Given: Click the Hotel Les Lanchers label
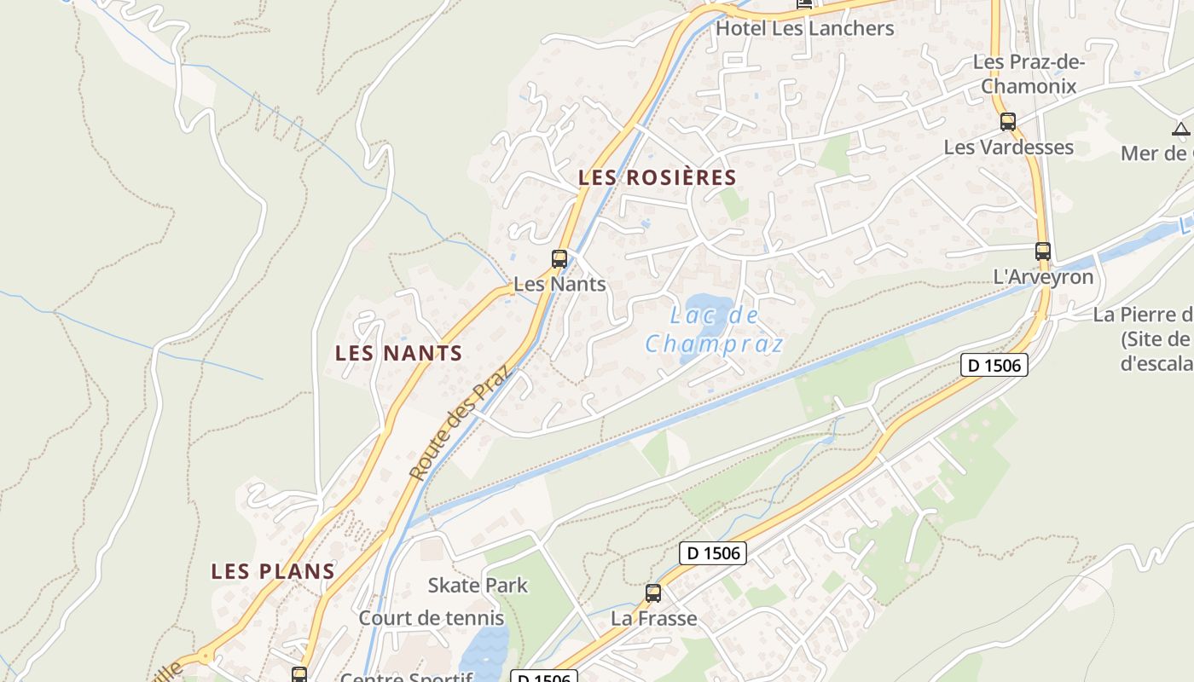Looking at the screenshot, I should [804, 28].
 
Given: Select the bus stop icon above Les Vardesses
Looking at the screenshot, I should [1008, 121].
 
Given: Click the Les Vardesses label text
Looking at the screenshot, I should [1008, 147].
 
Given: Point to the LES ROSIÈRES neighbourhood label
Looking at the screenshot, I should [657, 177].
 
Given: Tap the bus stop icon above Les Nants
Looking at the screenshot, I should [559, 258].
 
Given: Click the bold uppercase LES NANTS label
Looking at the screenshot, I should [398, 353].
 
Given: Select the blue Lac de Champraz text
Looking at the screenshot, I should [714, 330].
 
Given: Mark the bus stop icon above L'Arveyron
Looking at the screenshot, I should [1043, 251].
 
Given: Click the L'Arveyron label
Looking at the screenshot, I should [1043, 277].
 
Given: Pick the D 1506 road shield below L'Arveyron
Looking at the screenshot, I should [994, 365].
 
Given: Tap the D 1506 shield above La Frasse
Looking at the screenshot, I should [713, 553].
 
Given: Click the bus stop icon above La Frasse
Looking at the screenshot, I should [653, 593].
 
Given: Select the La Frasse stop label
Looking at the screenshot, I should [653, 618].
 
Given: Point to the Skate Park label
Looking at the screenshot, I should [478, 586].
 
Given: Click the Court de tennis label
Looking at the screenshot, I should [432, 618].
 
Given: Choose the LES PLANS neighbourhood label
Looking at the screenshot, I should [273, 571].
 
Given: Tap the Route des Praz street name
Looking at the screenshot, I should [458, 423].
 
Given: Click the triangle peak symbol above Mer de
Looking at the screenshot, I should [1180, 130].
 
